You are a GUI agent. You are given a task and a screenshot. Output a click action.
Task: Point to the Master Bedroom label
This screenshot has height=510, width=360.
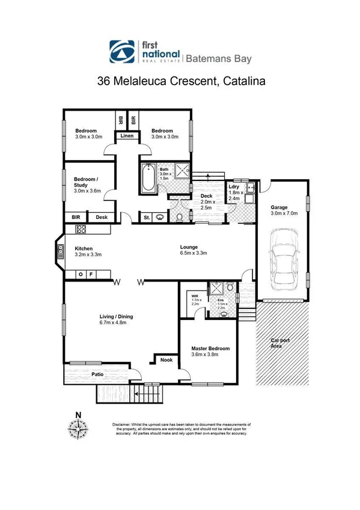pos(210,348)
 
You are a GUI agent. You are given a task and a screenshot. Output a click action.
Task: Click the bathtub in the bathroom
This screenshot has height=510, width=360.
pos(148,179)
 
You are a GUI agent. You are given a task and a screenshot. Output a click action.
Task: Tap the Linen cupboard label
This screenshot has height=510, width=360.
pos(127,137)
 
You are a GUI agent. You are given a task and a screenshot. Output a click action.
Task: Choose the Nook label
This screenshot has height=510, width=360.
pos(165,360)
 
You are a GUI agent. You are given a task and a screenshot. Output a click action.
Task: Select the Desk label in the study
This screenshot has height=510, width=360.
pos(102,217)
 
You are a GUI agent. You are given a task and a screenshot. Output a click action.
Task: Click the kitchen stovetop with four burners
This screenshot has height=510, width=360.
pos(81,229)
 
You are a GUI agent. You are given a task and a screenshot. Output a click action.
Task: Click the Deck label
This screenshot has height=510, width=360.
pos(207,195)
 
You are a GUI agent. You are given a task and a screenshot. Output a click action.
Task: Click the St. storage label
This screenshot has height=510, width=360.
pos(146,217)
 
